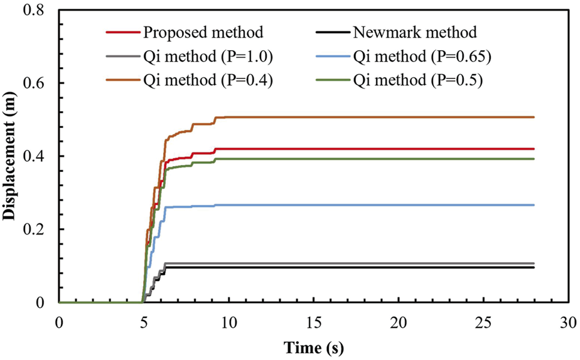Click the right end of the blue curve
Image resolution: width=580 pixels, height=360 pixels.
(x=533, y=205)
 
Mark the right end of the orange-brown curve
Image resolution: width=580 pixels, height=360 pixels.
(x=533, y=117)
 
